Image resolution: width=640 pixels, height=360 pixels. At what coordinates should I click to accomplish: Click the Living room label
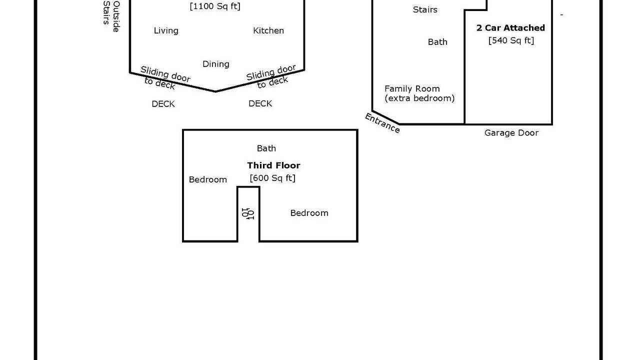[x=166, y=31]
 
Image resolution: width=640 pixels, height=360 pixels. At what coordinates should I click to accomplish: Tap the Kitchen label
[x=268, y=30]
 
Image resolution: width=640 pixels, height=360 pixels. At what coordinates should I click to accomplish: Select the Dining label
[x=216, y=64]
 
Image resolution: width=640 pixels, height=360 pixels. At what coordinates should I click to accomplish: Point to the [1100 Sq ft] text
[x=215, y=6]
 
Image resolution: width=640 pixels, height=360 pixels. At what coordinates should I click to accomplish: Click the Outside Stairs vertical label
[x=111, y=16]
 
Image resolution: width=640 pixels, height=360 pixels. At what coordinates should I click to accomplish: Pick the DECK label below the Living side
[x=163, y=104]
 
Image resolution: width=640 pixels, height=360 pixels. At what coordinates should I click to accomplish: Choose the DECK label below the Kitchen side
[x=260, y=103]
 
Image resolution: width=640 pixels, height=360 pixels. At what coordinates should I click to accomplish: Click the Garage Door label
[x=511, y=133]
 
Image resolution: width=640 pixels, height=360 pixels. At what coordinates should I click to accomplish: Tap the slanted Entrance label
[x=382, y=123]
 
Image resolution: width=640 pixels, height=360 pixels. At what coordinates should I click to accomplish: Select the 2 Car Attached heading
[x=510, y=28]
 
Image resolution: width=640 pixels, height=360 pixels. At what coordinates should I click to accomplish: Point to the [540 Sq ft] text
[x=511, y=40]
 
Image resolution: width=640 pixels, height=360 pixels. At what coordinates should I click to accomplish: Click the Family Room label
[x=412, y=89]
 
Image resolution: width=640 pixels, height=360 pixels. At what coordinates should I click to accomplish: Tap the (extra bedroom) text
[x=419, y=98]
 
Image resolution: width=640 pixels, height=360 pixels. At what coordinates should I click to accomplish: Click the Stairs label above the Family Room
[x=425, y=9]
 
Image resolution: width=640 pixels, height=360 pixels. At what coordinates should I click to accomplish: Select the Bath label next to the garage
[x=437, y=42]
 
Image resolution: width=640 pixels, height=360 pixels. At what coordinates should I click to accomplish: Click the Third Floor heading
[x=273, y=165]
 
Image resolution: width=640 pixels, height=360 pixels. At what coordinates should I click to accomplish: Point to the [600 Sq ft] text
[x=272, y=178]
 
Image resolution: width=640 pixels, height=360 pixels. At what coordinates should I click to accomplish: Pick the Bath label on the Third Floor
[x=266, y=148]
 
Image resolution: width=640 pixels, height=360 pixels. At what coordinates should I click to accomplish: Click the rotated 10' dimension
[x=248, y=213]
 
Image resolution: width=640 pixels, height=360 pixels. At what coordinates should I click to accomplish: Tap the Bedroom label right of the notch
[x=309, y=213]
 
